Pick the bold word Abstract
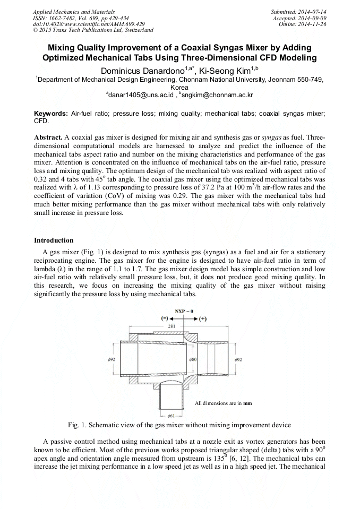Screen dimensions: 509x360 pos(48,137)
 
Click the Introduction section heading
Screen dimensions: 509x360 pos(54,240)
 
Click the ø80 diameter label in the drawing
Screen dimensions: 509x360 pos(193,359)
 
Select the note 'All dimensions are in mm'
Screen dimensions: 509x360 pos(223,403)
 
